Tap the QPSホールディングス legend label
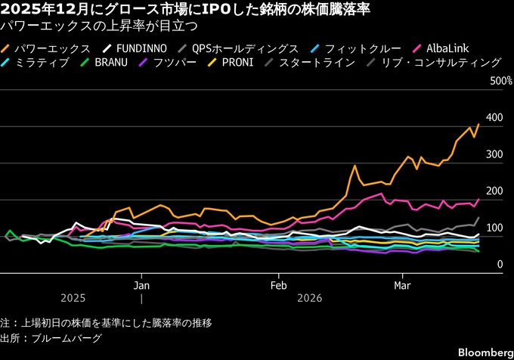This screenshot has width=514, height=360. (245, 48)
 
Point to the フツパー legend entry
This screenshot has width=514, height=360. (175, 63)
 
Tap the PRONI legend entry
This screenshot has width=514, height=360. (242, 63)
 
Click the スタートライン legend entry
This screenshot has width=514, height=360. (317, 63)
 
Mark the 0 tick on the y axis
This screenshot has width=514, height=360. (499, 265)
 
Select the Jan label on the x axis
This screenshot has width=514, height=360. (141, 286)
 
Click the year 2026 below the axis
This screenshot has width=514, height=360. (309, 298)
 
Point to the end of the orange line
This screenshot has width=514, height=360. (478, 124)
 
